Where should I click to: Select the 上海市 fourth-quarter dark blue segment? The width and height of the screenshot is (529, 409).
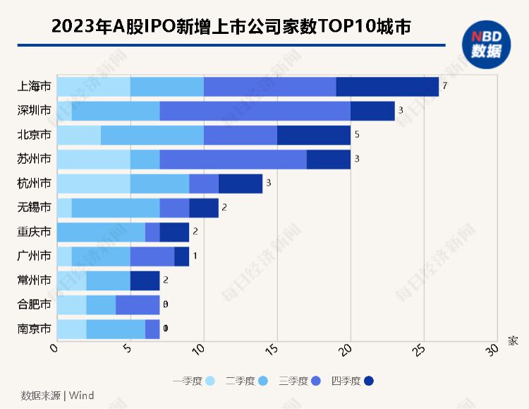pos(387,87)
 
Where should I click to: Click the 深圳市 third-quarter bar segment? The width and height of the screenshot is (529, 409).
pos(255,111)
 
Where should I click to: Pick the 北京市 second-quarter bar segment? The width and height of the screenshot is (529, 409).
pos(152,135)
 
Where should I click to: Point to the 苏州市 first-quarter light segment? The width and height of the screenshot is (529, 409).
pos(93,159)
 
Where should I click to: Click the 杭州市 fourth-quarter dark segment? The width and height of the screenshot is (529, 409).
pos(241,184)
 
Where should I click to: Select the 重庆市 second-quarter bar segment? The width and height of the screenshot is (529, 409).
pos(101,232)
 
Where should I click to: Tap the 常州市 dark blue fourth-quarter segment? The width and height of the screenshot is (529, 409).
pos(145,280)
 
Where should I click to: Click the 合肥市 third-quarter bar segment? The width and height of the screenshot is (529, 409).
pos(138,304)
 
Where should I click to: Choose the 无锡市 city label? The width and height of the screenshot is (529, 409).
pos(34,208)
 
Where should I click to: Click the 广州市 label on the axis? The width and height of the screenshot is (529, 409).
pos(34,256)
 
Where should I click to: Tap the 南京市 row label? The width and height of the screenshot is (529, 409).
pos(34,328)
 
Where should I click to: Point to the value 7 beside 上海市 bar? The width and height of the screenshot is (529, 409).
pos(444,87)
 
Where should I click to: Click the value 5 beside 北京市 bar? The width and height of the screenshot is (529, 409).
pos(357,135)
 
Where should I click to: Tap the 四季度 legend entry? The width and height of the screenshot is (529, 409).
pos(353,381)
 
